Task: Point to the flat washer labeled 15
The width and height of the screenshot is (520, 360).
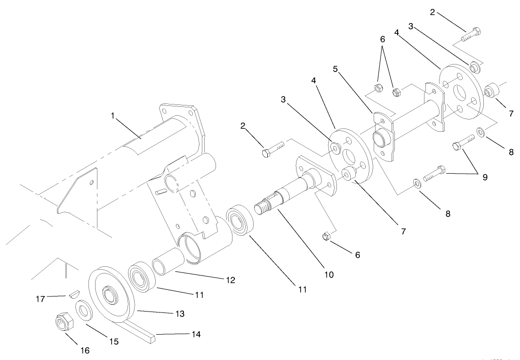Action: [84, 311]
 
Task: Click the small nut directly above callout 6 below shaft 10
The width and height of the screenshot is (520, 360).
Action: [329, 236]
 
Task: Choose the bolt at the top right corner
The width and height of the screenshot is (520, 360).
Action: [472, 34]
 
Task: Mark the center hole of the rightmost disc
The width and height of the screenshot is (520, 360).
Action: [458, 88]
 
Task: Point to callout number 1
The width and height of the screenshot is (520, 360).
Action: [112, 116]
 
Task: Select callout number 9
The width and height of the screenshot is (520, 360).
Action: [484, 177]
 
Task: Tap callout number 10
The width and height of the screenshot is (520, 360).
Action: [329, 274]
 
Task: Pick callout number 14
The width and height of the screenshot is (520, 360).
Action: [196, 335]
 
